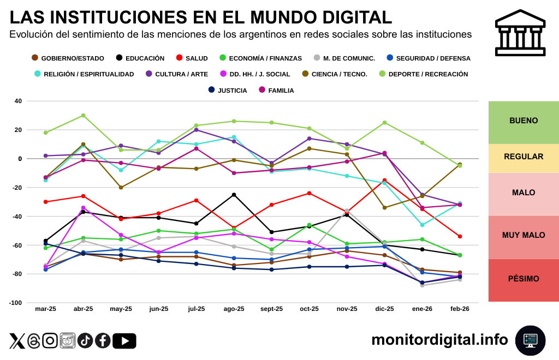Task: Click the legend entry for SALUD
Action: click(x=192, y=58)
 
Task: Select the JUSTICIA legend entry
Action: click(x=228, y=90)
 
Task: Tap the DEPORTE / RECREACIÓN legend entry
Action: click(x=424, y=74)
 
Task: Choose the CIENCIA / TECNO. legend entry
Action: click(x=335, y=74)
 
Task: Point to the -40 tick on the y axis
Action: click(x=18, y=217)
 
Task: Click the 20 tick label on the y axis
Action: click(x=19, y=130)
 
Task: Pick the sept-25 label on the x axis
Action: click(x=271, y=309)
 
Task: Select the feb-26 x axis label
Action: click(x=460, y=309)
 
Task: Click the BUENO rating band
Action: click(x=524, y=121)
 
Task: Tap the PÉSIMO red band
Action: click(x=524, y=279)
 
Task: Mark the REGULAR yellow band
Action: click(x=524, y=157)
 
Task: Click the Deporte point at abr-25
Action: click(x=83, y=116)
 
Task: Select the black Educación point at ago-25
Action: click(x=234, y=195)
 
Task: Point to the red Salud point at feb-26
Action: click(x=460, y=237)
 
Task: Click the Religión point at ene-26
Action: click(x=422, y=225)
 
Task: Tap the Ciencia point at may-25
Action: click(x=121, y=188)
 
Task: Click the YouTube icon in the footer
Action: click(x=124, y=341)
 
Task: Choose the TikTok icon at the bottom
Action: click(x=85, y=341)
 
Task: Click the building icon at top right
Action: click(x=520, y=33)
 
